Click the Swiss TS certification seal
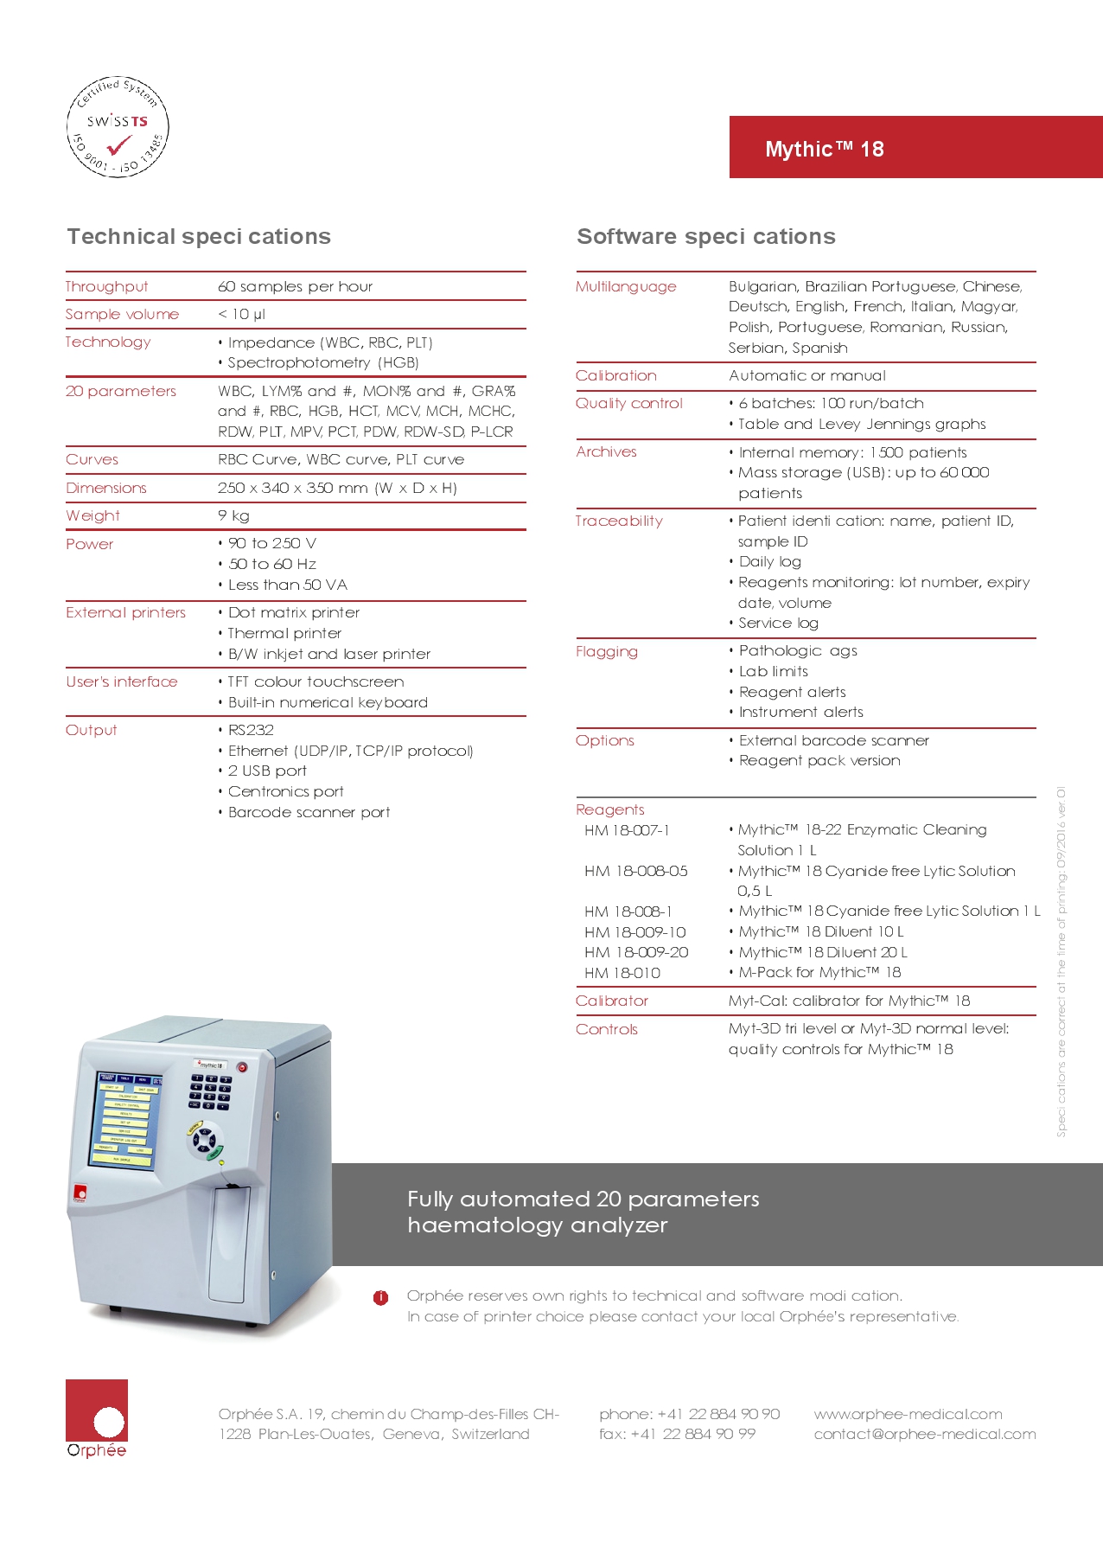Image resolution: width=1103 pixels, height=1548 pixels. pyautogui.click(x=118, y=126)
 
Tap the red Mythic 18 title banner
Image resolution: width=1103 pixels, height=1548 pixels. pyautogui.click(x=915, y=148)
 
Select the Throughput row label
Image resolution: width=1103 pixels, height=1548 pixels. pyautogui.click(x=107, y=286)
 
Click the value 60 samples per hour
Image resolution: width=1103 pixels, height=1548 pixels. pyautogui.click(x=296, y=286)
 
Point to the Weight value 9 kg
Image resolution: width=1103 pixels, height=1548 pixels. pyautogui.click(x=233, y=515)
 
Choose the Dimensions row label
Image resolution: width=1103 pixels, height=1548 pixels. pyautogui.click(x=106, y=488)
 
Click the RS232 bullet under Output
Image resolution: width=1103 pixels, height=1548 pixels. pyautogui.click(x=251, y=730)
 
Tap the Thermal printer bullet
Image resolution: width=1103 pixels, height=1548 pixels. pyautogui.click(x=284, y=633)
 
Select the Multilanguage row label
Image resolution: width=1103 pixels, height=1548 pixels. pyautogui.click(x=626, y=286)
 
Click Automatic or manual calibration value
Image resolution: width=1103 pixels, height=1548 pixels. pyautogui.click(x=807, y=375)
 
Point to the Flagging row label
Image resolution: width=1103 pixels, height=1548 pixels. pyautogui.click(x=607, y=651)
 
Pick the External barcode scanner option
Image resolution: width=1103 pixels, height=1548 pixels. pyautogui.click(x=833, y=740)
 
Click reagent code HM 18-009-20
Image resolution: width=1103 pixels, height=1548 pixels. pyautogui.click(x=636, y=952)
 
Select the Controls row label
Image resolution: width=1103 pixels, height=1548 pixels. pyautogui.click(x=607, y=1029)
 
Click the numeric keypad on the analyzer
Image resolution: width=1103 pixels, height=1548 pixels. pyautogui.click(x=210, y=1092)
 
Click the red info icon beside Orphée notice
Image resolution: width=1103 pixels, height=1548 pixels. pyautogui.click(x=381, y=1297)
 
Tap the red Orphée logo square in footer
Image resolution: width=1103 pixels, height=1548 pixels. pyautogui.click(x=97, y=1410)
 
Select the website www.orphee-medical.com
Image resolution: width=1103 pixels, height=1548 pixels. pyautogui.click(x=908, y=1414)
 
